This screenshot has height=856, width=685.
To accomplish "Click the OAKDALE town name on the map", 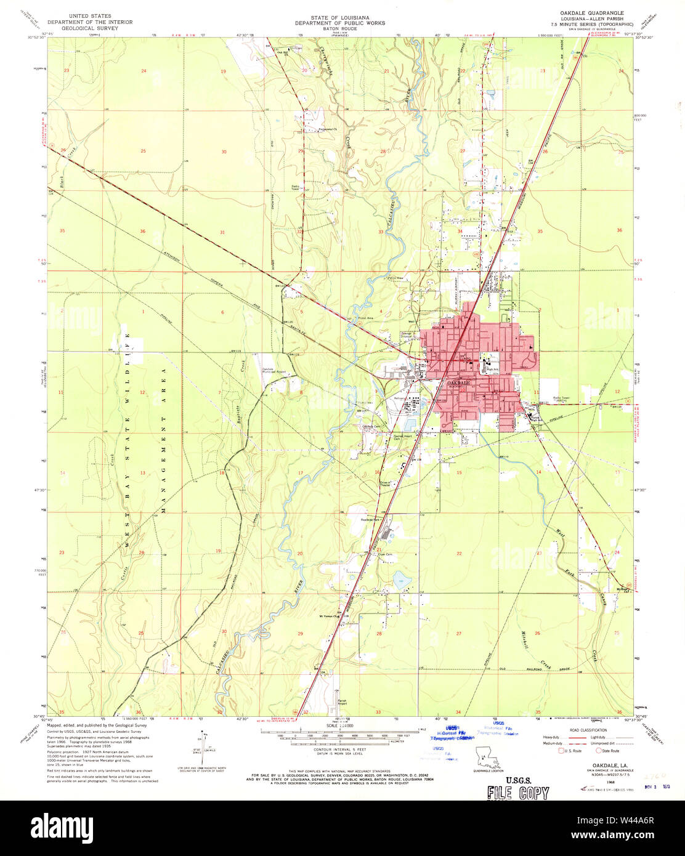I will point(458,383).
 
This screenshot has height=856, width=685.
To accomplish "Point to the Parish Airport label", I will point(344,703).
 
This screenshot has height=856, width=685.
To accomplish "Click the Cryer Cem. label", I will point(385,554).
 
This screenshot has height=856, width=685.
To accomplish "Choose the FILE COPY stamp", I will point(517,793).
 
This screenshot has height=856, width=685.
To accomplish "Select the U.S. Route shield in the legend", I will point(561,751).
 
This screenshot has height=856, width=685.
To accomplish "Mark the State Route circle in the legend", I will point(598,751).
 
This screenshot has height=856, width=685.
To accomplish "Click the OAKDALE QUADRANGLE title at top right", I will point(591,13).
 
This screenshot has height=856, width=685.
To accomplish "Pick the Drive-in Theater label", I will point(385,484).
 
